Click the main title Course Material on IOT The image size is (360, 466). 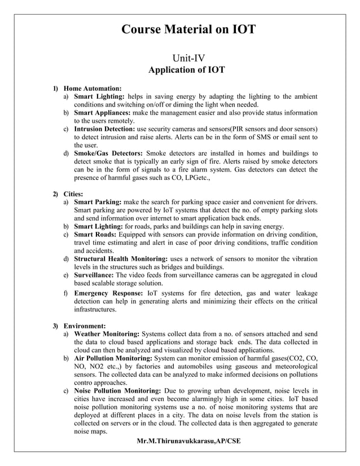(x=188, y=29)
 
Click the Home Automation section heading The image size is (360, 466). (x=93, y=89)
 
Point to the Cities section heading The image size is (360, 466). (x=76, y=194)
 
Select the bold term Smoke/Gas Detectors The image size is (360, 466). (x=108, y=153)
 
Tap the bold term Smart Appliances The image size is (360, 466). (x=102, y=113)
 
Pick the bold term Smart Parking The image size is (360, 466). (x=98, y=202)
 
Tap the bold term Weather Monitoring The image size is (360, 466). (x=108, y=334)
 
